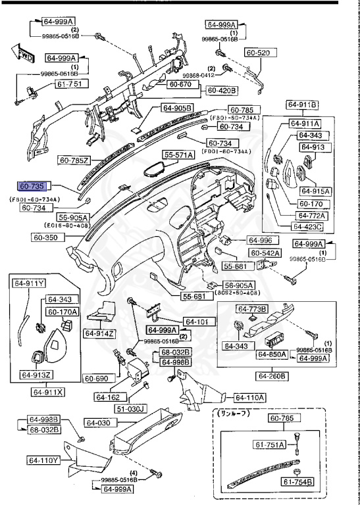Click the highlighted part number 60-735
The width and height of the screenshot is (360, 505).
click(x=32, y=187)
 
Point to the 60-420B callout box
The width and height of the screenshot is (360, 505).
click(x=222, y=90)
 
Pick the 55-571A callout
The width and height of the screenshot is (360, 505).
click(x=178, y=155)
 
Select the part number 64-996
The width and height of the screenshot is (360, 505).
click(x=259, y=240)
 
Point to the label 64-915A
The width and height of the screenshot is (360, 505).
click(x=315, y=191)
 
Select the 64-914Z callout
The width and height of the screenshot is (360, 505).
click(x=99, y=333)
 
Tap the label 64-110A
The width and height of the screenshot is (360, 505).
click(x=249, y=397)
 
